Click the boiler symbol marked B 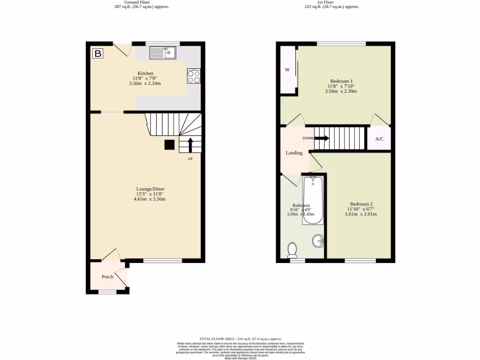tap(97, 53)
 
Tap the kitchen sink tap(163, 53)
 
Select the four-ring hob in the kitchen tap(194, 76)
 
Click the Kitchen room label tap(145, 74)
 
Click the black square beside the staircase tap(169, 145)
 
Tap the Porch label tap(108, 277)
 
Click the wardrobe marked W tap(287, 70)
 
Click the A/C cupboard tap(379, 139)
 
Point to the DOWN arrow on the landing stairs tap(322, 138)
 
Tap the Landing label tap(294, 153)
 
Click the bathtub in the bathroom tap(313, 200)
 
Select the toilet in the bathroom tap(293, 249)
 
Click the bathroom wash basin tap(319, 241)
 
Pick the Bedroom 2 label tap(361, 204)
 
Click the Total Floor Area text tap(240, 338)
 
